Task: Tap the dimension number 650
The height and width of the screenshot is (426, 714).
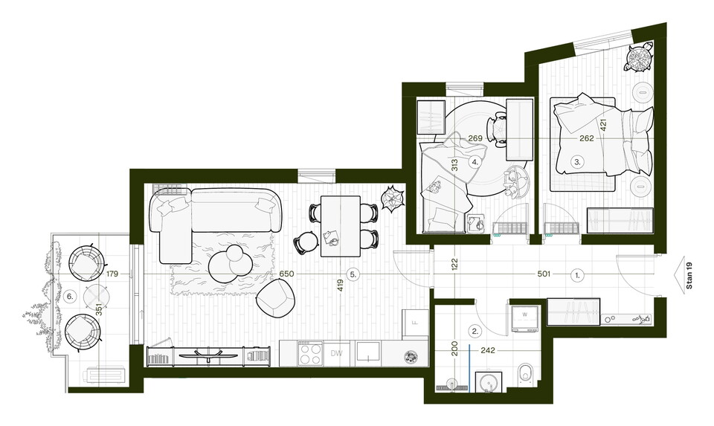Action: tap(286, 274)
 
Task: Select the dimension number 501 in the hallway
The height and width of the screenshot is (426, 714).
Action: tap(544, 274)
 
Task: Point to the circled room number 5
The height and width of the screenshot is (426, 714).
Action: tap(353, 274)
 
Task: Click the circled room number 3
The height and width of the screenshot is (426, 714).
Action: tap(577, 161)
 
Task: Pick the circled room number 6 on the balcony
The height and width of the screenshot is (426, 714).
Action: tap(70, 297)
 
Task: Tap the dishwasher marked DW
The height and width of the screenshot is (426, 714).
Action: tap(336, 354)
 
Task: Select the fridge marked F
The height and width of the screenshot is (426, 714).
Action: tap(415, 323)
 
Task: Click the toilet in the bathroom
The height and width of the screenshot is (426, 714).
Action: tap(527, 374)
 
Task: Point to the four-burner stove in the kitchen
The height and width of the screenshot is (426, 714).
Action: tap(309, 354)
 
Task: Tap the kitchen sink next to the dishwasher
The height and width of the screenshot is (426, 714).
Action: tap(368, 352)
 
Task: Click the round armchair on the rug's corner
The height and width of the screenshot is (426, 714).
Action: tap(275, 297)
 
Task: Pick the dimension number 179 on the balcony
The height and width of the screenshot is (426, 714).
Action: tap(112, 274)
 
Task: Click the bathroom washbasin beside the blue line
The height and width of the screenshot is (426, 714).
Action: tap(489, 381)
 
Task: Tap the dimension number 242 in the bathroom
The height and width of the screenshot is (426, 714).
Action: tap(487, 350)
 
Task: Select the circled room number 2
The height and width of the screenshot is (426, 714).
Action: tap(475, 332)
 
